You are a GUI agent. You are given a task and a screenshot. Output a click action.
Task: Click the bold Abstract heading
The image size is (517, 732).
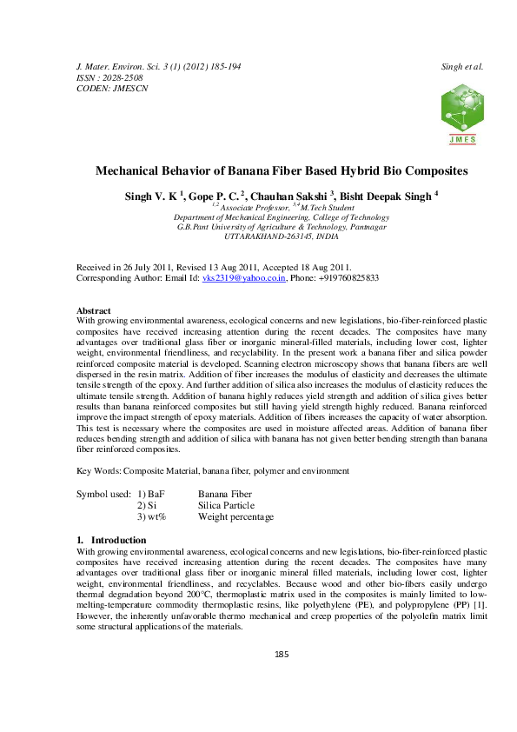94,310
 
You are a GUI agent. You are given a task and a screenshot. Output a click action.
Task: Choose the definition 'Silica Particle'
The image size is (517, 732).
226,505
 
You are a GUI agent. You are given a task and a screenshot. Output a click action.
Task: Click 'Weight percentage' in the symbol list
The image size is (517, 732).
235,517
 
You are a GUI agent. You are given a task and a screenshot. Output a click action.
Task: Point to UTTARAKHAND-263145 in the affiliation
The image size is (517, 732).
255,236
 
